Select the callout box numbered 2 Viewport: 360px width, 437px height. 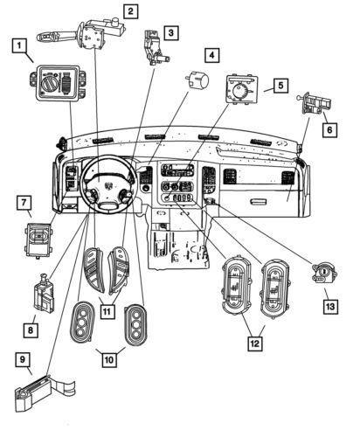[x=129, y=11]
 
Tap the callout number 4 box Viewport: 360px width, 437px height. [x=211, y=54]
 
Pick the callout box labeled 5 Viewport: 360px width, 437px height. [x=280, y=86]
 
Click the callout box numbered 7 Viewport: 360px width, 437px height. [x=23, y=203]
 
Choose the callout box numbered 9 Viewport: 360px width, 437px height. [x=23, y=357]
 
